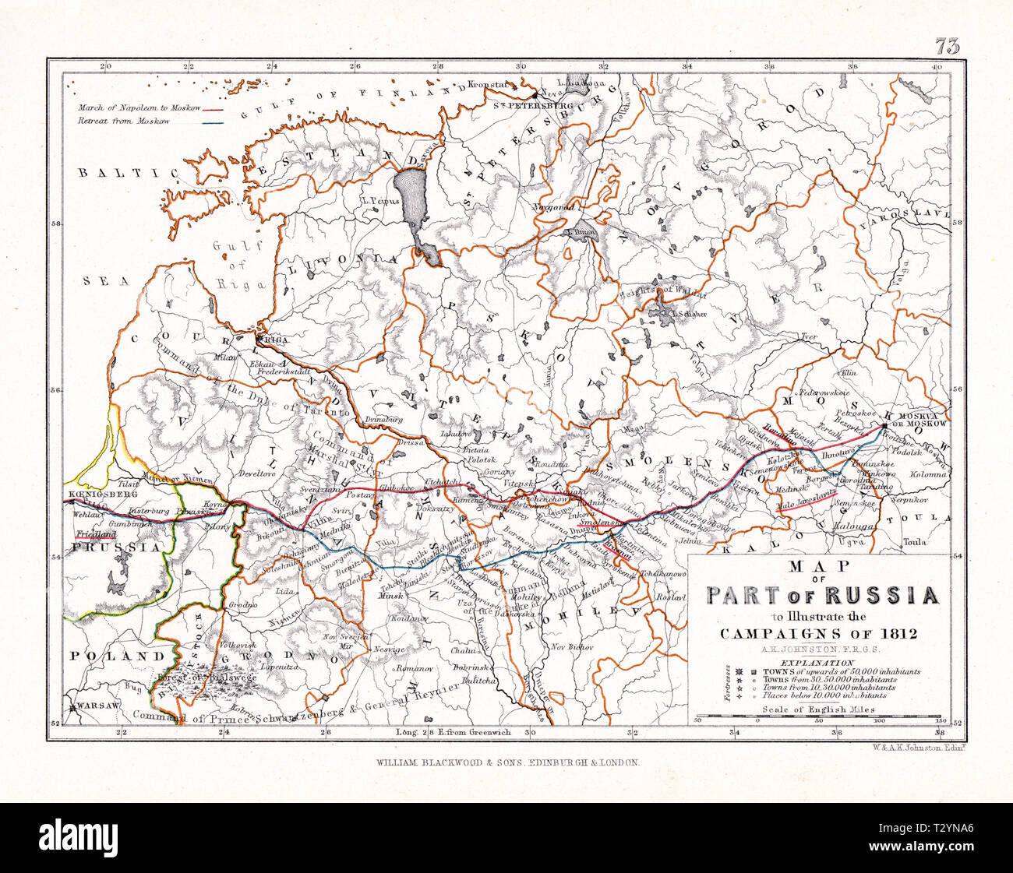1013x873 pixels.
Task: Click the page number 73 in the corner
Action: [x=948, y=47]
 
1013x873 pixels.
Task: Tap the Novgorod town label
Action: [x=553, y=208]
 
